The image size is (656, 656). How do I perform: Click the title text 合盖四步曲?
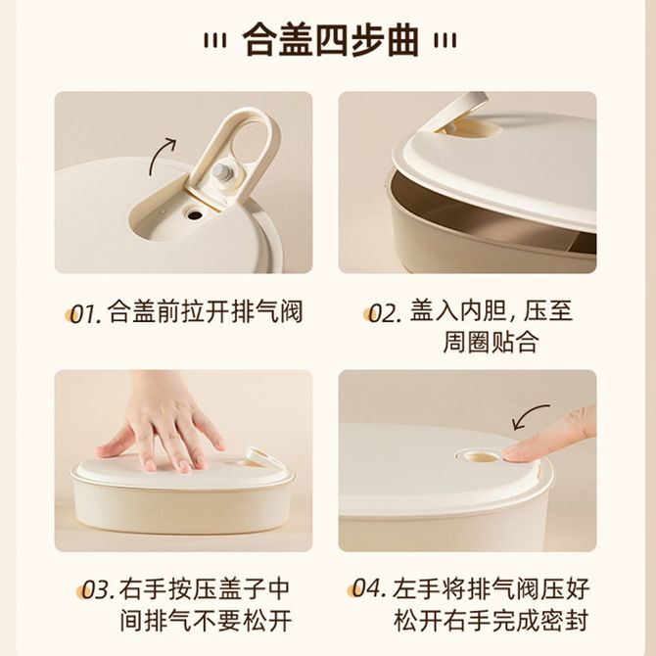click(x=331, y=40)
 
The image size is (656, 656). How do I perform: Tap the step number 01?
click(x=86, y=313)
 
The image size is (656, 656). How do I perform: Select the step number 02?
click(x=385, y=313)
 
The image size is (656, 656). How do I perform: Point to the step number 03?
click(x=98, y=589)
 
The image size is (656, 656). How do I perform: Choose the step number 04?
click(x=368, y=588)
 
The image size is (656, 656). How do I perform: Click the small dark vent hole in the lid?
click(x=195, y=215)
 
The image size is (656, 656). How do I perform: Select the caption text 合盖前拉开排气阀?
click(x=205, y=311)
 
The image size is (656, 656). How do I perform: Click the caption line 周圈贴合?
click(x=490, y=343)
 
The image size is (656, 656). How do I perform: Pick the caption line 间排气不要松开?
click(x=206, y=621)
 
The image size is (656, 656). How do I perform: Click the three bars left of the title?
click(x=215, y=41)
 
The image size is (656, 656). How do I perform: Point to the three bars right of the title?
click(x=445, y=41)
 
